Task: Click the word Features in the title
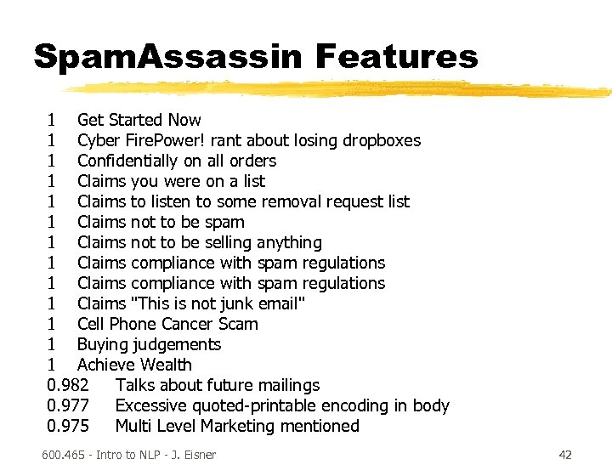397,57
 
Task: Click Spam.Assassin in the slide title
167,57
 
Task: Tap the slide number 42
566,454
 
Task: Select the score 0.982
69,385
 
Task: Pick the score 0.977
69,405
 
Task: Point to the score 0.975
69,426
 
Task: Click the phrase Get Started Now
139,120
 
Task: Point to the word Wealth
166,365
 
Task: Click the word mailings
286,385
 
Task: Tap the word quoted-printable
260,405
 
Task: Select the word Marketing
236,426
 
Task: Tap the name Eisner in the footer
196,454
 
